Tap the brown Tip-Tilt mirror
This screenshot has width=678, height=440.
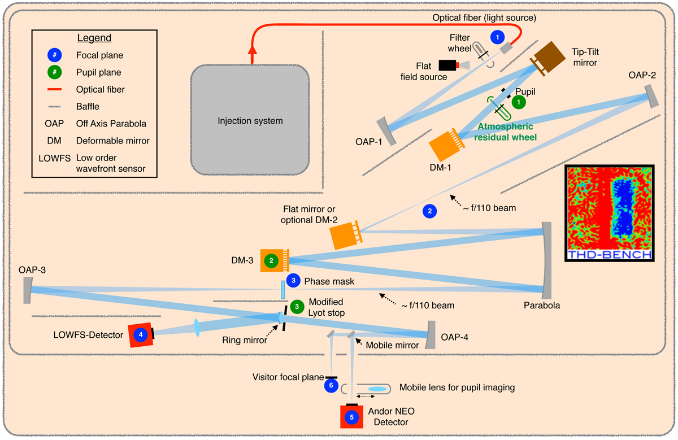click(550, 58)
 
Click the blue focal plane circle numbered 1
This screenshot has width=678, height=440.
click(497, 38)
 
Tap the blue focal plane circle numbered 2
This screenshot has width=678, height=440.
click(429, 212)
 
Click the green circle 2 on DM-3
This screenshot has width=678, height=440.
click(271, 260)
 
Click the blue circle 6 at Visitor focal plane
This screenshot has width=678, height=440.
click(331, 385)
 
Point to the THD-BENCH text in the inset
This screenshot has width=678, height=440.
click(610, 255)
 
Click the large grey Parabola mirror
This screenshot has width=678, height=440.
click(546, 260)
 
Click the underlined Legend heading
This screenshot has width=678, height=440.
click(94, 38)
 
